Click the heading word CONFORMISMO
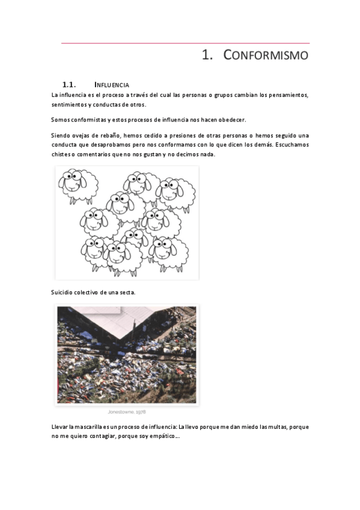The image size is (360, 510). [x=266, y=55]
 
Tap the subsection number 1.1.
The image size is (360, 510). [x=69, y=85]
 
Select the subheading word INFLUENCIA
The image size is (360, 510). [x=112, y=85]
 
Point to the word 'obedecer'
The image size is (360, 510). [x=232, y=120]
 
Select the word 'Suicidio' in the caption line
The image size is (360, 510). [x=61, y=292]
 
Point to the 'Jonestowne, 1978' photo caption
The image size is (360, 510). [x=127, y=412]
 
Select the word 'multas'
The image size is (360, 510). [x=277, y=427]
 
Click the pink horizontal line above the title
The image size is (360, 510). [x=185, y=43]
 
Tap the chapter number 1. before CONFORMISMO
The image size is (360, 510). [x=207, y=55]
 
